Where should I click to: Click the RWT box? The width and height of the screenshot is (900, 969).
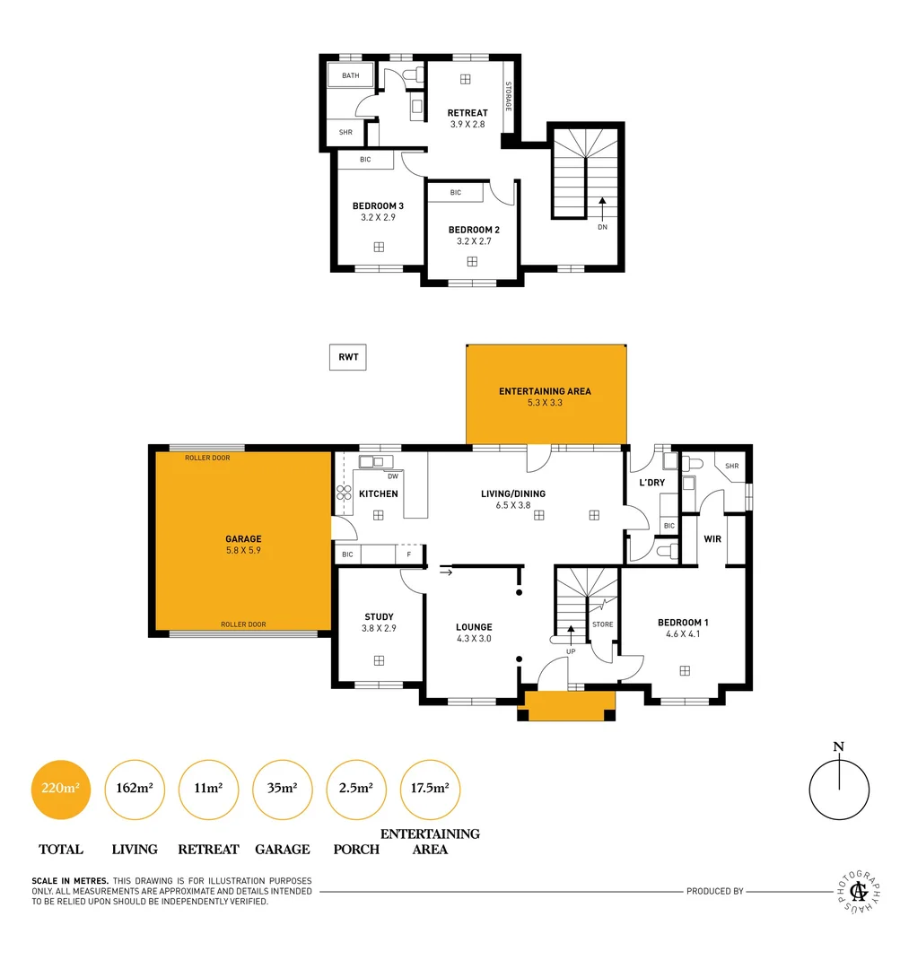coord(348,357)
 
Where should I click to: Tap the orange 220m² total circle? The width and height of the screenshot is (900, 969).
coord(61,789)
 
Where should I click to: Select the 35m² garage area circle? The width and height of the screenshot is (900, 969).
coord(283,789)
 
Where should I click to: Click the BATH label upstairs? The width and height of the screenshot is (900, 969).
coord(350,75)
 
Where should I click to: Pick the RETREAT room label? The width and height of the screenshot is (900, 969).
coord(467,113)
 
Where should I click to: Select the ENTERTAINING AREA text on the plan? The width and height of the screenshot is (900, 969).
coord(545,391)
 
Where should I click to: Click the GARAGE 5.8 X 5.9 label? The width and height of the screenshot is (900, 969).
coord(243,545)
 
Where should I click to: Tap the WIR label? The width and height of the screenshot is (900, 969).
coord(712,539)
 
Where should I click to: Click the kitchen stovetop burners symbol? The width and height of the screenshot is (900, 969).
coord(344,493)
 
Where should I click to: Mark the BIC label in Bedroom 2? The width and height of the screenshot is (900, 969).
coord(455,193)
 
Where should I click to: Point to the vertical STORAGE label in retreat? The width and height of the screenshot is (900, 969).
coord(508,97)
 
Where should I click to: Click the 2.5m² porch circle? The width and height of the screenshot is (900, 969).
coord(356,789)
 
